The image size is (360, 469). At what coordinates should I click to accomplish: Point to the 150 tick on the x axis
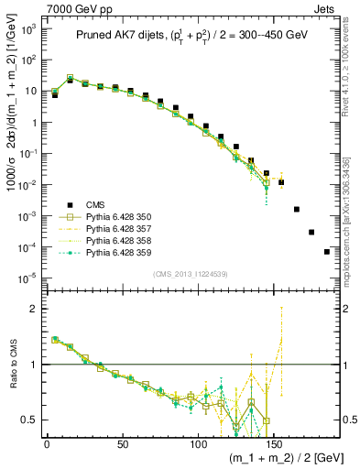(x=274, y=443)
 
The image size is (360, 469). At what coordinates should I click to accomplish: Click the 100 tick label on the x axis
(x=198, y=443)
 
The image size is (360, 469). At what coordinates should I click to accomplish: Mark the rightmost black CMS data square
(x=327, y=252)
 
